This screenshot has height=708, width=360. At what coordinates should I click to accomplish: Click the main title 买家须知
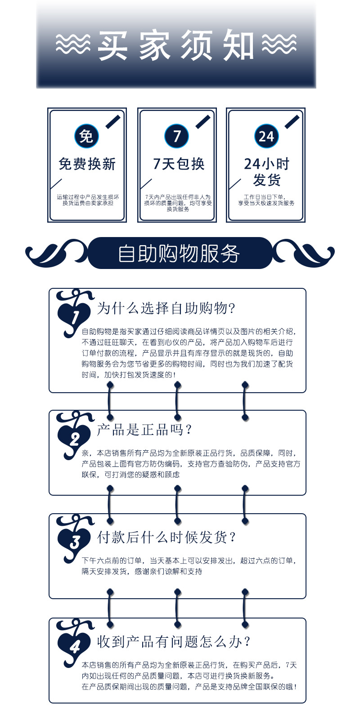176,45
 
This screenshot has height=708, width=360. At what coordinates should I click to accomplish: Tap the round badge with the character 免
86,136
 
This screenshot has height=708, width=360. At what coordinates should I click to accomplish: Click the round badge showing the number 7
177,136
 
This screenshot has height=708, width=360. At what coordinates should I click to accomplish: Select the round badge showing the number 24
266,136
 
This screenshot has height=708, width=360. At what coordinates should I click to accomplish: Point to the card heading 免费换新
87,164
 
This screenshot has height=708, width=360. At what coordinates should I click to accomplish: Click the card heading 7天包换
179,164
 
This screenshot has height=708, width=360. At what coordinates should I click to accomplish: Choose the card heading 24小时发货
267,172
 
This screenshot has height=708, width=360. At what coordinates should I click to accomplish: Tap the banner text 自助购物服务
179,254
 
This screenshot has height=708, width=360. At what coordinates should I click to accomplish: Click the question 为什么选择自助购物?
166,308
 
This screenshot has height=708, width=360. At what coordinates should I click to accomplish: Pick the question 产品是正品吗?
144,430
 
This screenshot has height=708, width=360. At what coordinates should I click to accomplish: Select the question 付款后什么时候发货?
166,538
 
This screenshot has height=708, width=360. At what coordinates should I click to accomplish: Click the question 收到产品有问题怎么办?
174,641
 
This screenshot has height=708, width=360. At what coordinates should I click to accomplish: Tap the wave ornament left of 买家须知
73,44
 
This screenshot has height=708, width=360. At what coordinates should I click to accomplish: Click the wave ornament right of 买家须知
279,44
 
